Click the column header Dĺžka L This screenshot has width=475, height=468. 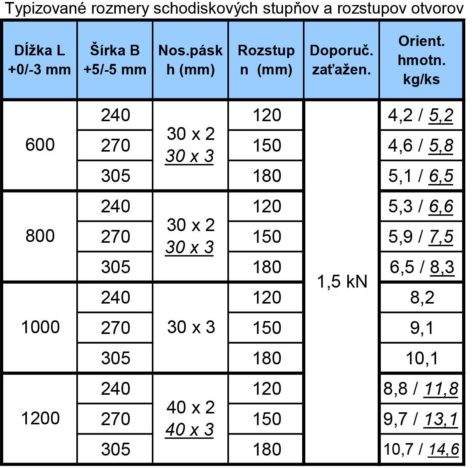click(39, 60)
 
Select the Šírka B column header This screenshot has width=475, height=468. click(115, 60)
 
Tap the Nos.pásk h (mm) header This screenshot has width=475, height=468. click(190, 60)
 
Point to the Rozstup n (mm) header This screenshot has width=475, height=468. click(266, 60)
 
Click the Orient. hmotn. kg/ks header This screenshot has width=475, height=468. click(422, 60)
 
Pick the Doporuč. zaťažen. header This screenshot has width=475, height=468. click(341, 60)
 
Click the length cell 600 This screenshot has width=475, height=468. click(40, 145)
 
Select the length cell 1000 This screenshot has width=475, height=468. click(40, 327)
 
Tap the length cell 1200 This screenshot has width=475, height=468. click(40, 418)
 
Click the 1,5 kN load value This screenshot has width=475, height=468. click(342, 281)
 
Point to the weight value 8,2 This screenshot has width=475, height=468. click(422, 297)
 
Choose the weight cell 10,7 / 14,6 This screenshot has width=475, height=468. click(421, 449)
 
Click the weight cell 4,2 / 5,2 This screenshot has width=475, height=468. click(420, 115)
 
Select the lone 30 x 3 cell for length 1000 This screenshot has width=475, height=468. click(191, 327)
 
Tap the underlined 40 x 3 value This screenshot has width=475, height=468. click(189, 430)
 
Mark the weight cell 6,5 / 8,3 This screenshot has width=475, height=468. click(422, 267)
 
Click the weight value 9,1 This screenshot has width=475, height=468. click(422, 328)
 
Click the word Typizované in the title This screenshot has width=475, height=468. click(45, 9)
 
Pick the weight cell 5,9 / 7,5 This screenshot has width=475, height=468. click(421, 237)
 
